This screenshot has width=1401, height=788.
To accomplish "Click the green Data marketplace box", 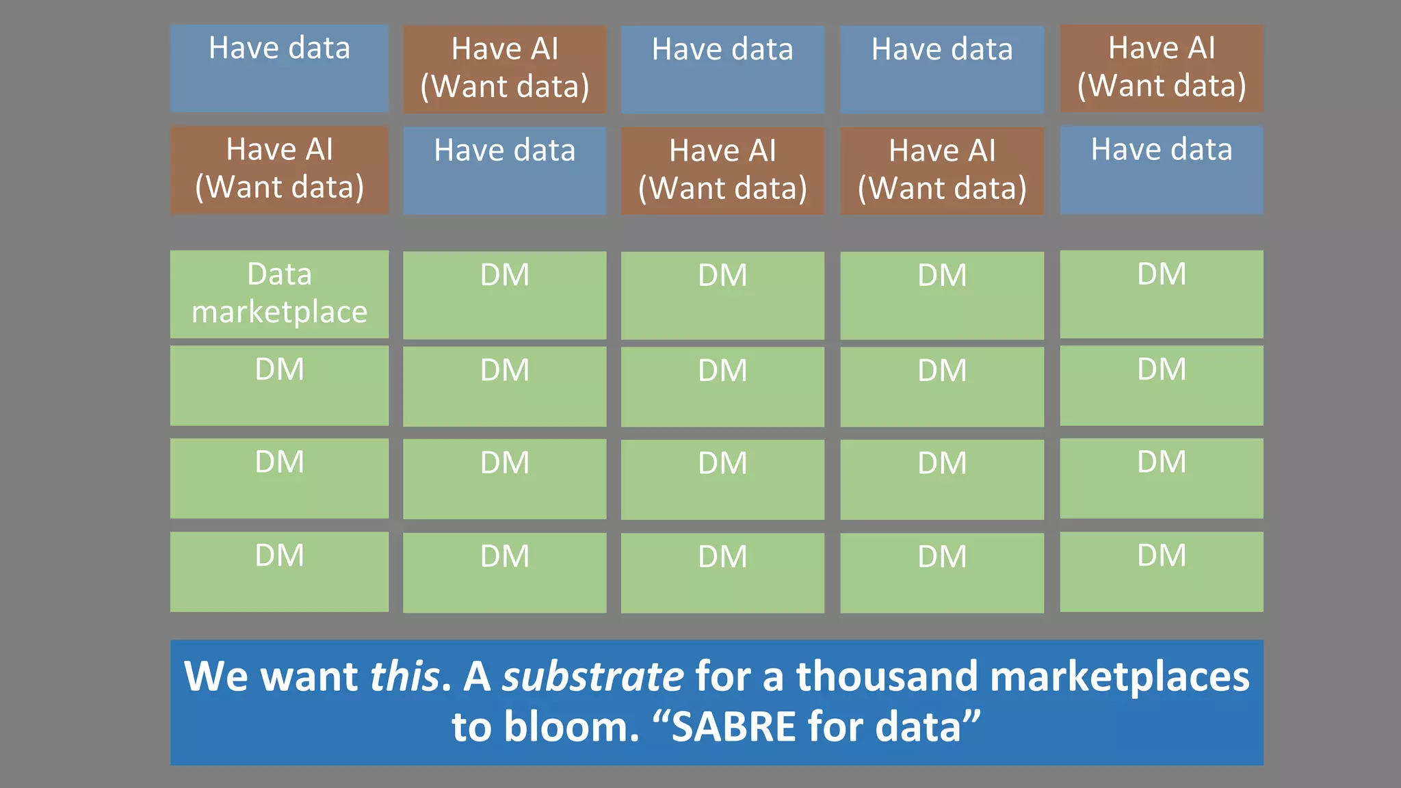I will (x=279, y=294).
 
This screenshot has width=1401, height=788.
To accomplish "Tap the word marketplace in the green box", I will (x=279, y=313).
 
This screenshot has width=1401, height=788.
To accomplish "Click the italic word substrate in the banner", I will (x=592, y=677).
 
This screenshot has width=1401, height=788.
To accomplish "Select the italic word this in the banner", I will (x=404, y=677).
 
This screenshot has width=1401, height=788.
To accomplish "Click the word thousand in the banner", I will (x=887, y=677).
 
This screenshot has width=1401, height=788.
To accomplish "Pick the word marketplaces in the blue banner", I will (x=1119, y=677).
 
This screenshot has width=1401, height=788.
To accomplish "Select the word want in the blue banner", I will (x=310, y=677).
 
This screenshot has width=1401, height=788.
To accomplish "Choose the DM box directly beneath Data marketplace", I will (x=279, y=385).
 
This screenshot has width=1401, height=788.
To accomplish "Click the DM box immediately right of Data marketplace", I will (x=505, y=295).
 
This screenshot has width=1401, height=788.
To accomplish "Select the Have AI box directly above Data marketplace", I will (x=279, y=170).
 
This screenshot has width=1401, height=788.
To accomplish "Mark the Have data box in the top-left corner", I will (x=279, y=68).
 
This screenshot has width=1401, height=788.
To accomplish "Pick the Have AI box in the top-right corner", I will (x=1162, y=68).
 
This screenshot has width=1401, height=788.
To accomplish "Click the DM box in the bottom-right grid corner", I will (x=1162, y=572).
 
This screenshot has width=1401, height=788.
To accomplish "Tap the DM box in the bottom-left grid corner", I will (x=279, y=572).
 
